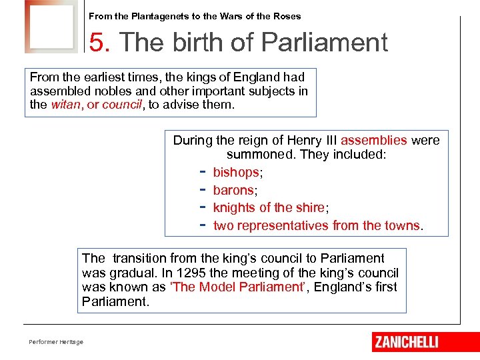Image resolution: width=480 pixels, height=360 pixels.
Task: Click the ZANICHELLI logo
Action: tap(407, 342)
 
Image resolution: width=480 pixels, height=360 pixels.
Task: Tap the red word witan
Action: tap(65, 105)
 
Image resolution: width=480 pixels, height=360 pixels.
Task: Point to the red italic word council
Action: tap(122, 105)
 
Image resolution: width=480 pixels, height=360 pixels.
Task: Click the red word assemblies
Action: tap(373, 141)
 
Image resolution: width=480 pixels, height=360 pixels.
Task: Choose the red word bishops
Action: tap(235, 173)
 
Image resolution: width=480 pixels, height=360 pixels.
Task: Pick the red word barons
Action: tap(233, 191)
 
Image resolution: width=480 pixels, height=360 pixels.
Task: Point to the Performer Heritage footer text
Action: tap(56, 342)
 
